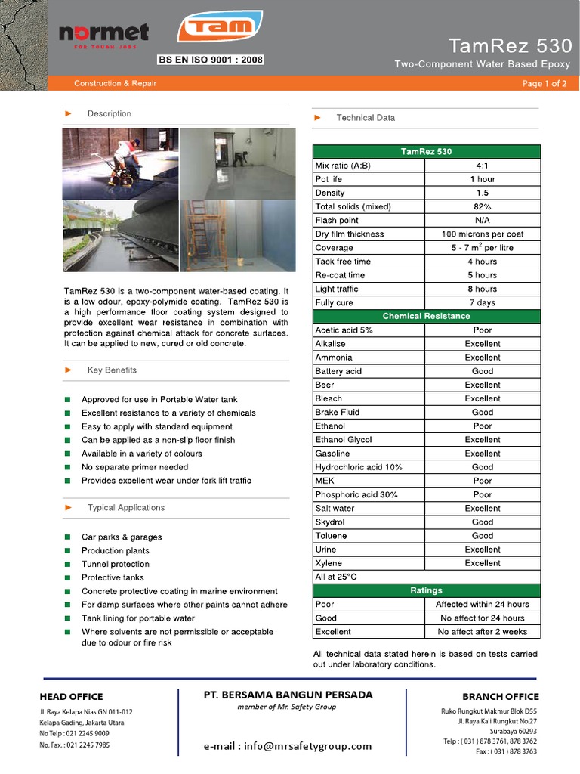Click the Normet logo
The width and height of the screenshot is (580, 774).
coord(104,34)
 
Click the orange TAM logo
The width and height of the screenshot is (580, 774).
coord(220,27)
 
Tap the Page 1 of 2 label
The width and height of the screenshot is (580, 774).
coord(544,83)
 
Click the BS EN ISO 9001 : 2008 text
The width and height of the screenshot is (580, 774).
coord(210,59)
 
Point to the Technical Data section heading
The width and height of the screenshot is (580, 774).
coord(366,118)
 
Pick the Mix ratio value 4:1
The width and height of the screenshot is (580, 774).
coord(483,166)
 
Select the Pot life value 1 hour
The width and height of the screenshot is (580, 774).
coord(483,179)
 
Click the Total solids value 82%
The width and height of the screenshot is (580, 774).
coord(483,206)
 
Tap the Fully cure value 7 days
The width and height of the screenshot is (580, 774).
coord(483,302)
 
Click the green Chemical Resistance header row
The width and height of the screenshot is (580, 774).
coord(426,316)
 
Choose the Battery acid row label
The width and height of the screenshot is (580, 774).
coord(338,371)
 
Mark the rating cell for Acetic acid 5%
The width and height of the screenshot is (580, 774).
coord(483,330)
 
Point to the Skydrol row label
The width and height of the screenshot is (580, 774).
coord(330,522)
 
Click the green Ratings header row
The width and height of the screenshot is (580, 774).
coord(426,590)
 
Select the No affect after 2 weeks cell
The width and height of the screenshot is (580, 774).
coord(483,632)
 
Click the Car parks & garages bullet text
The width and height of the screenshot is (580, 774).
coord(122,537)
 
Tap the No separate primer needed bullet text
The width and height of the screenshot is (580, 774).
coord(135,467)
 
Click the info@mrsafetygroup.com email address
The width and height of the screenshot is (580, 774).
coord(288,746)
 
